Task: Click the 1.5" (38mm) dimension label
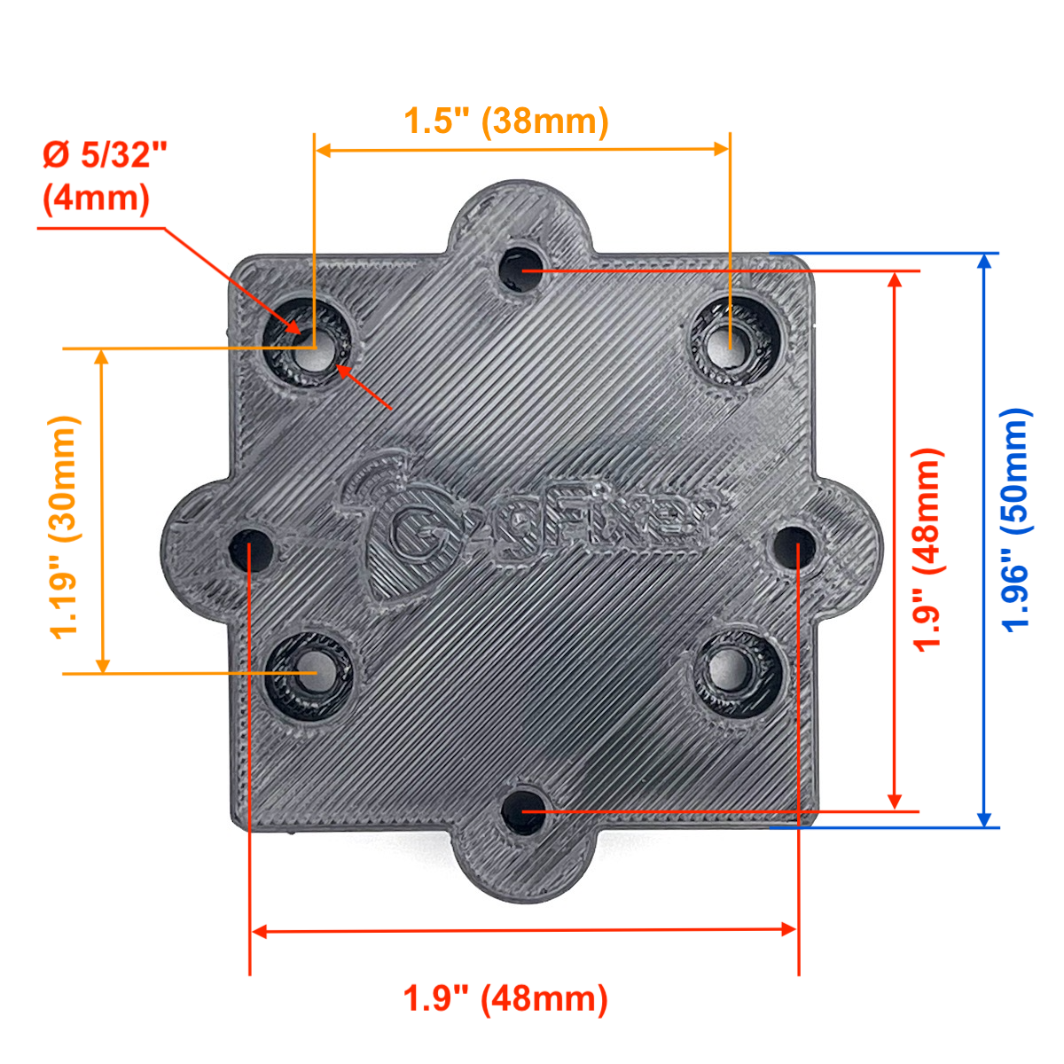(x=505, y=121)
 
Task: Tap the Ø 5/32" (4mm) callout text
(x=105, y=176)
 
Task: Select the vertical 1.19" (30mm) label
(x=65, y=528)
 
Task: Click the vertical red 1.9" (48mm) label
(x=927, y=550)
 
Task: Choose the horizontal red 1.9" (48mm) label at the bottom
(x=505, y=999)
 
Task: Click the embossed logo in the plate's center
(x=528, y=525)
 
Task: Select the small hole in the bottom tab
(x=523, y=812)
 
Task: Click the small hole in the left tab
(x=250, y=550)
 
